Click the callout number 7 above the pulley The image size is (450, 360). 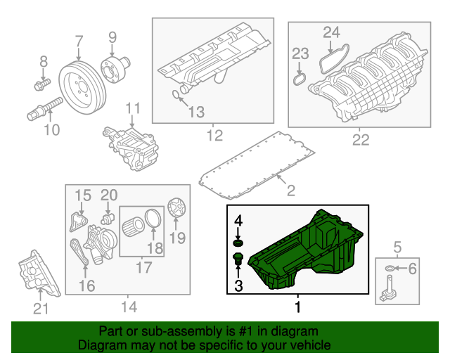pos(79,41)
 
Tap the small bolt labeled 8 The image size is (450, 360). pos(41,86)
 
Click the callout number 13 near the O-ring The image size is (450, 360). pos(195,111)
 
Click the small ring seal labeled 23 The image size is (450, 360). pos(299,80)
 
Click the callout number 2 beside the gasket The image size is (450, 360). pos(290,191)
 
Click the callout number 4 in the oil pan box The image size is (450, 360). pos(238,221)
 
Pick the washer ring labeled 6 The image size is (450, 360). pos(389,269)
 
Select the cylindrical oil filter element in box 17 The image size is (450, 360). pos(134,229)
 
